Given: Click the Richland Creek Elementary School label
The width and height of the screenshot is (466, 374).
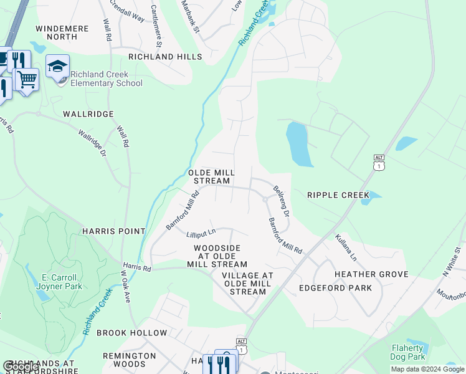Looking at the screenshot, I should (x=106, y=79).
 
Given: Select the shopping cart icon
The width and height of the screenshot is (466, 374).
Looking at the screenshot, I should (x=27, y=79).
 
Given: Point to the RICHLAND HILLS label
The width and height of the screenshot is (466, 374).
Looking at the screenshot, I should (x=165, y=57).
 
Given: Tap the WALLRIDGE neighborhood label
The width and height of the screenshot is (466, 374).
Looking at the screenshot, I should (x=88, y=114).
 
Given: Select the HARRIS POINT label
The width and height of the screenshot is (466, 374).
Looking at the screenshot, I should (x=113, y=231).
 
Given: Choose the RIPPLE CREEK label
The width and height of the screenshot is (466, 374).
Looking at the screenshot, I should (x=338, y=195).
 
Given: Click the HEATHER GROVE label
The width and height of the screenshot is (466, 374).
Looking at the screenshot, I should (x=371, y=274).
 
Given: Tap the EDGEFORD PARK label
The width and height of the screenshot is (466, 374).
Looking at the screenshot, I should (x=335, y=288).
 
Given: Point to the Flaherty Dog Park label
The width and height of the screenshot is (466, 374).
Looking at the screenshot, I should (x=408, y=352).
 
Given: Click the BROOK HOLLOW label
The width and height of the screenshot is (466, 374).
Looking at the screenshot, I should (x=131, y=333).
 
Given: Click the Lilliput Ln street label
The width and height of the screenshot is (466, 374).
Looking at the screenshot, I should (x=200, y=235).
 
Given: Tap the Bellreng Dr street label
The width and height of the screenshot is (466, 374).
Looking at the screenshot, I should (x=281, y=201).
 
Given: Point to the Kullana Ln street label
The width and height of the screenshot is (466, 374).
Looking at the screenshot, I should (x=346, y=247).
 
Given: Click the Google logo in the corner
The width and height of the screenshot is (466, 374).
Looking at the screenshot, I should (x=21, y=367).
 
